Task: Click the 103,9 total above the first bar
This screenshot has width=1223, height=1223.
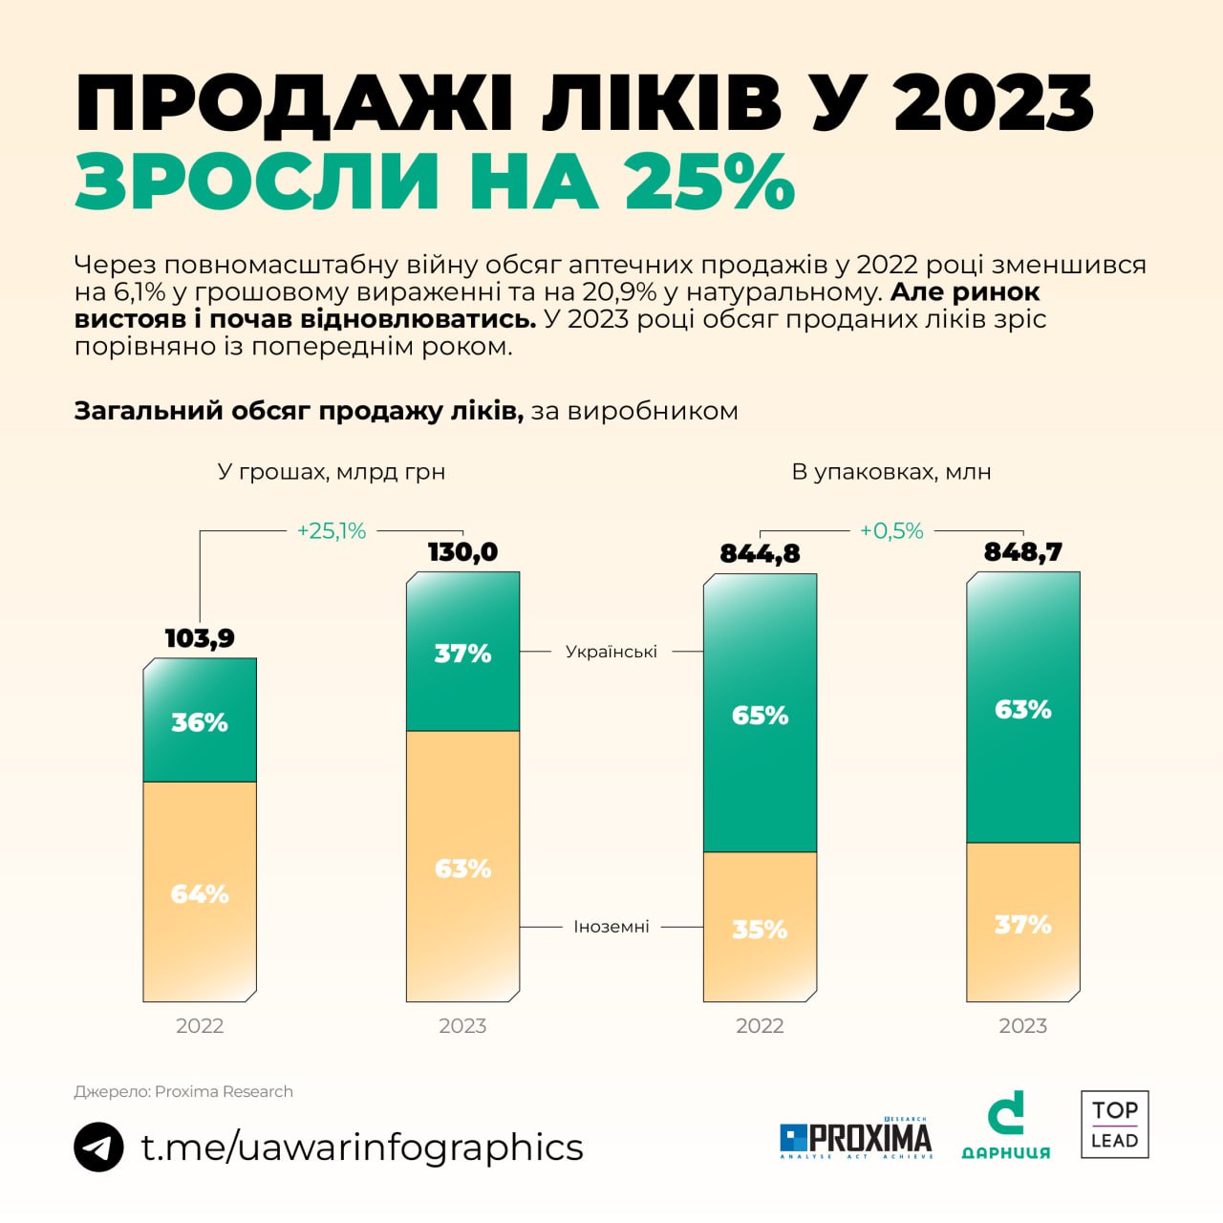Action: coord(200,638)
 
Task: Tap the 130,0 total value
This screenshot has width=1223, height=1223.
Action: coord(462,552)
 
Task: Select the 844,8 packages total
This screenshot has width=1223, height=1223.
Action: coord(760,553)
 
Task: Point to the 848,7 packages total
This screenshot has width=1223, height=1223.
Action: coord(1022,552)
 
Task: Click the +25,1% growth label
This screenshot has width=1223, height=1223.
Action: coord(332,531)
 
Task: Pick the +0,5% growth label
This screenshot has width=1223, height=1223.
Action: coord(891,531)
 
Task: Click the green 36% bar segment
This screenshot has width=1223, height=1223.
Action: coord(200,721)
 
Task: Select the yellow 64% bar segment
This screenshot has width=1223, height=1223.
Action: coord(200,892)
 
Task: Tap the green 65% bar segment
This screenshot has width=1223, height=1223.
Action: coord(760,715)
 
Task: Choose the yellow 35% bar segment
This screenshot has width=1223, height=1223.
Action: coord(760,928)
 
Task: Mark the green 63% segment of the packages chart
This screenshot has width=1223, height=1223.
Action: coord(1022,709)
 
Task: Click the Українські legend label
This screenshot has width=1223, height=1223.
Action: coord(611,652)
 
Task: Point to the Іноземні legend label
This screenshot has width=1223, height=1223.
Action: coord(611,927)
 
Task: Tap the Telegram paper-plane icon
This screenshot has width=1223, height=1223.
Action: coord(98,1147)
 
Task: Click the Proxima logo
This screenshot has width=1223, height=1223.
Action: coord(855,1138)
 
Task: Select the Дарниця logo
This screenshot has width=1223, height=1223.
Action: coord(1005,1126)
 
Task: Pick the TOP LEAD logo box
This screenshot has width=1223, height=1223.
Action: coord(1114,1125)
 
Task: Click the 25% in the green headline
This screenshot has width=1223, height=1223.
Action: coord(710,181)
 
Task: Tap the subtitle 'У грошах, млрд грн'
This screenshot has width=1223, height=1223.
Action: coord(332,472)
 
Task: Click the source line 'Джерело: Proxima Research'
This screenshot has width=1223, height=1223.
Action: coord(183,1091)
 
